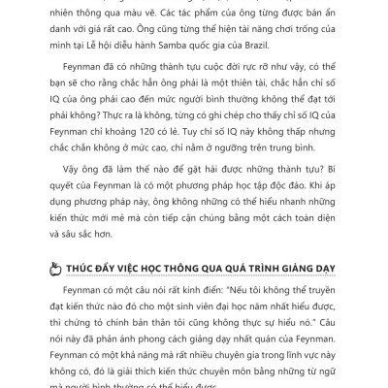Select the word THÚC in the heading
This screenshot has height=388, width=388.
75,269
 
